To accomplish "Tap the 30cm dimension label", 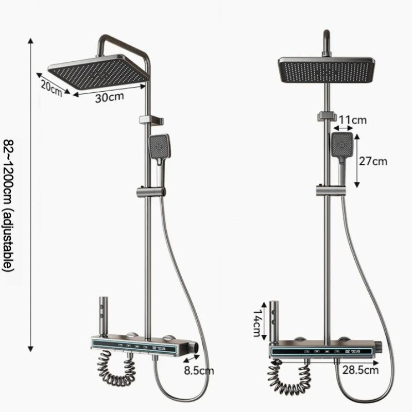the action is [x=109, y=97].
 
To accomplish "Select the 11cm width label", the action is [x=352, y=120].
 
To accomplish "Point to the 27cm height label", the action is [x=373, y=161].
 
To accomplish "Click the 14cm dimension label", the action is [x=257, y=323].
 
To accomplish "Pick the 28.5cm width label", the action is [x=360, y=370].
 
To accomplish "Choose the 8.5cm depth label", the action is [x=199, y=370].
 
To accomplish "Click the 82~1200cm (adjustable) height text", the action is [x=8, y=205].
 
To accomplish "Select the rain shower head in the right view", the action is [x=327, y=70].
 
